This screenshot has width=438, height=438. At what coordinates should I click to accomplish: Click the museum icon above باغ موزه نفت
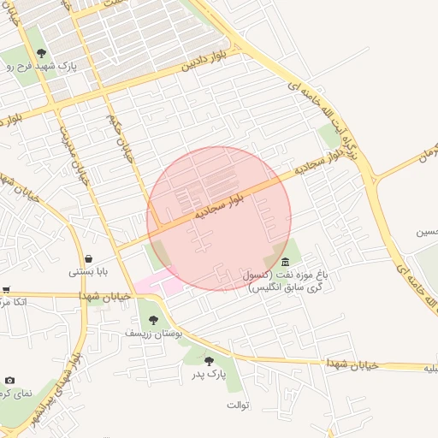pos(284,260)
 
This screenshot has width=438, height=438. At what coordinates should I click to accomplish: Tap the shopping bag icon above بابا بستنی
pos(89,258)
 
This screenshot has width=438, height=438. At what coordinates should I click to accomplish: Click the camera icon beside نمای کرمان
pos(9,380)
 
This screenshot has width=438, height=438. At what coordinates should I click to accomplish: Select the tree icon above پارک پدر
pos(210,361)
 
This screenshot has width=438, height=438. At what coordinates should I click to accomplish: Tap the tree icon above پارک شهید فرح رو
pos(40,53)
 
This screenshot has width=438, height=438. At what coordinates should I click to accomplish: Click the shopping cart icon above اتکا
pos(6,289)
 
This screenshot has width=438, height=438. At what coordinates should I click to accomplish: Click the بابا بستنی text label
pos(88,272)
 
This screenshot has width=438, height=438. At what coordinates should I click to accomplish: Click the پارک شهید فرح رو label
pos(44,66)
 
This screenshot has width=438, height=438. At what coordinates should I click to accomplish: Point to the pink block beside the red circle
pos(159,285)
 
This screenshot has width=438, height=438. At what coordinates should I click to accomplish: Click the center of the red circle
pos(219,218)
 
